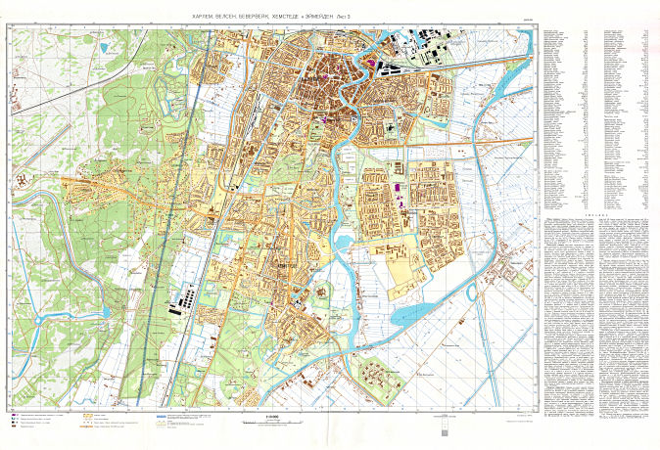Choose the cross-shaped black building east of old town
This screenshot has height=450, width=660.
(x=391, y=128)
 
